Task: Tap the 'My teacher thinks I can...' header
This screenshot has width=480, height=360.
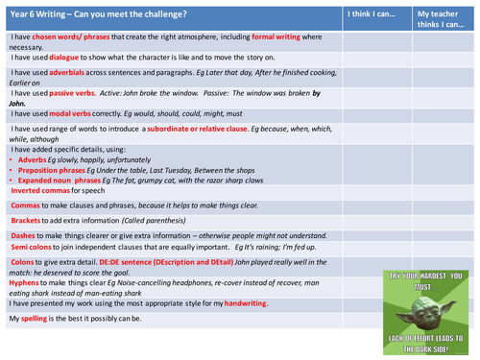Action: click(443, 19)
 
